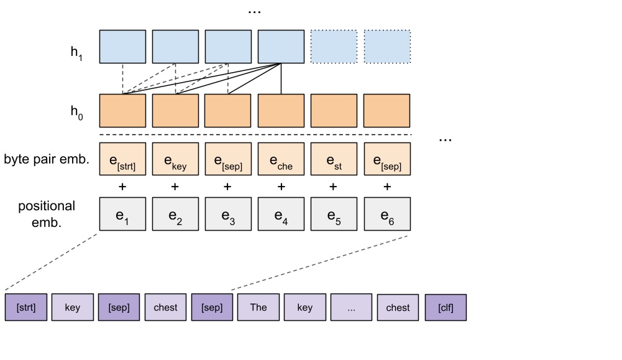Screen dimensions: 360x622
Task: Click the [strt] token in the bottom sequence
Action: coord(25,307)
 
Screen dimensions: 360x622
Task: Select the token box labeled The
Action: coord(258,307)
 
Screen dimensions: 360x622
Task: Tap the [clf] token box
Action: coord(446,307)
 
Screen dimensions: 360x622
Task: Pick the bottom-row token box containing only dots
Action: coord(352,307)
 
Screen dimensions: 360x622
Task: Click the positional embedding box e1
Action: coord(122,213)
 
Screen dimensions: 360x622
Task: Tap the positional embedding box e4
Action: coord(281,213)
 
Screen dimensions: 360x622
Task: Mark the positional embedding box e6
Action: coord(386,213)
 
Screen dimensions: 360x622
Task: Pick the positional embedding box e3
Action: coord(228,213)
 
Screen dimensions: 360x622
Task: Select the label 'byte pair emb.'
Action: coord(47,160)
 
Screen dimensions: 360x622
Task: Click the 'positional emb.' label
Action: coord(47,213)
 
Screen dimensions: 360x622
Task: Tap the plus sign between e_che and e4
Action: coord(281,186)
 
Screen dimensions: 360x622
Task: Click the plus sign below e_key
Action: coord(175,186)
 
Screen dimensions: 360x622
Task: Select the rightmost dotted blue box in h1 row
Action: coord(386,47)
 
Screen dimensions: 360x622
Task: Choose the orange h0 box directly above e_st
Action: coord(334,111)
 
